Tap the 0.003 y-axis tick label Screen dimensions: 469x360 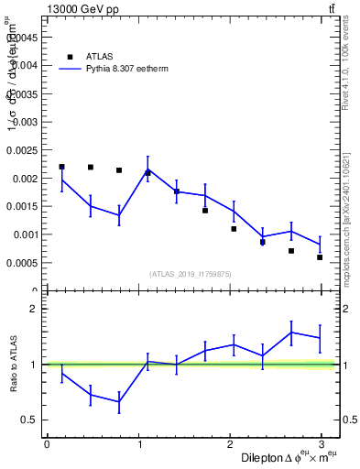26,122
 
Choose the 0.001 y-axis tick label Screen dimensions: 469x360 26,234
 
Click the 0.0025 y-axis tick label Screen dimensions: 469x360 23,150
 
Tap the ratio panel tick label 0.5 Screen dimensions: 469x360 30,420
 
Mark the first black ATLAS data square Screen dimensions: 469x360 61,167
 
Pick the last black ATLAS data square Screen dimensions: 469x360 320,257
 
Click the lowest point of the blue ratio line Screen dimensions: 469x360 119,401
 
